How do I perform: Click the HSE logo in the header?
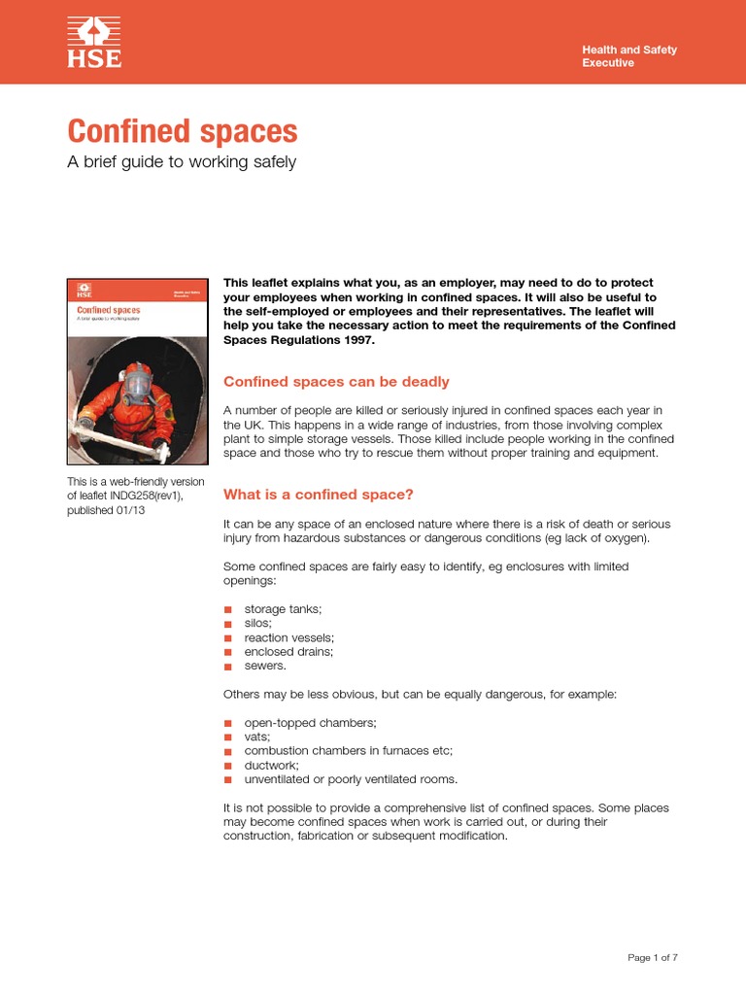pyautogui.click(x=94, y=43)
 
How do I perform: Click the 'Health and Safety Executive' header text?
pyautogui.click(x=628, y=56)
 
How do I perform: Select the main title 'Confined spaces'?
pyautogui.click(x=182, y=132)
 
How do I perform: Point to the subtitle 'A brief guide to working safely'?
pyautogui.click(x=181, y=162)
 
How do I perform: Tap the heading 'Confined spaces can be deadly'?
pyautogui.click(x=336, y=382)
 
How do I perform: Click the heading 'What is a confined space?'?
pyautogui.click(x=319, y=495)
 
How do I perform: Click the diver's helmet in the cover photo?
pyautogui.click(x=138, y=383)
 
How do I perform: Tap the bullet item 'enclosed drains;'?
pyautogui.click(x=288, y=652)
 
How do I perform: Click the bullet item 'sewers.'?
pyautogui.click(x=265, y=667)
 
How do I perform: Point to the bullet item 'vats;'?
pyautogui.click(x=257, y=738)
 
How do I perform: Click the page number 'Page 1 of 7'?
pyautogui.click(x=653, y=957)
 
